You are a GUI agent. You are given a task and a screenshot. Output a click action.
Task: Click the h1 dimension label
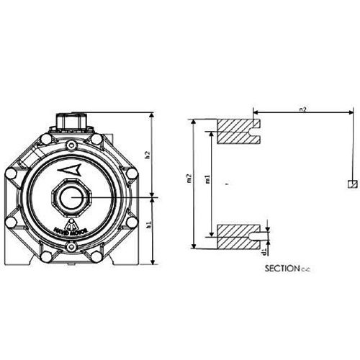(147, 226)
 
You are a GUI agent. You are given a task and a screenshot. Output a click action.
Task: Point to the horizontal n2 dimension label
(302, 108)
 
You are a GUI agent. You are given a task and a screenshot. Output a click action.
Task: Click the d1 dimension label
(266, 253)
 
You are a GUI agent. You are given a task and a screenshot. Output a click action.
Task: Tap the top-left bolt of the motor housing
(45, 138)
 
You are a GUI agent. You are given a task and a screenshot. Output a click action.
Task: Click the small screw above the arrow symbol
(71, 148)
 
